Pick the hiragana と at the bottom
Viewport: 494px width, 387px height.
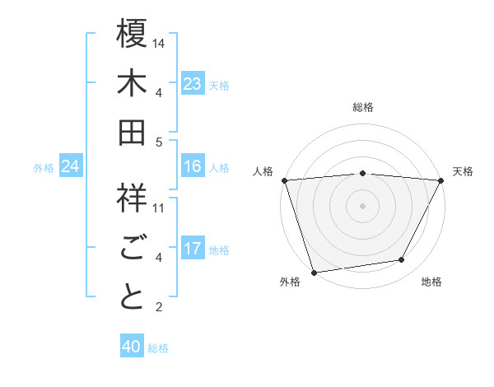click(x=133, y=297)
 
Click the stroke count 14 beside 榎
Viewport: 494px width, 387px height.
click(x=159, y=43)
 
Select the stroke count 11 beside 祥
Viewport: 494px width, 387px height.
click(x=159, y=207)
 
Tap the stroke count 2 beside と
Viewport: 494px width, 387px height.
click(x=159, y=307)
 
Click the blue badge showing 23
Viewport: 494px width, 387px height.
click(x=193, y=84)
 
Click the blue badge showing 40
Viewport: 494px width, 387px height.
click(x=132, y=347)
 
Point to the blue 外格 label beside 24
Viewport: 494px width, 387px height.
click(x=44, y=168)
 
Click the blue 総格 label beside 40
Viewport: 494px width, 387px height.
click(x=158, y=348)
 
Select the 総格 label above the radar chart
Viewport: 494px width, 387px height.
click(x=362, y=107)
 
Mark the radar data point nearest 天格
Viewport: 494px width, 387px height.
click(x=441, y=180)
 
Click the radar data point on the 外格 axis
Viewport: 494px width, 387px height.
click(x=314, y=272)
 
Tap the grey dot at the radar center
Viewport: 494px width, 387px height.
click(x=362, y=205)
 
